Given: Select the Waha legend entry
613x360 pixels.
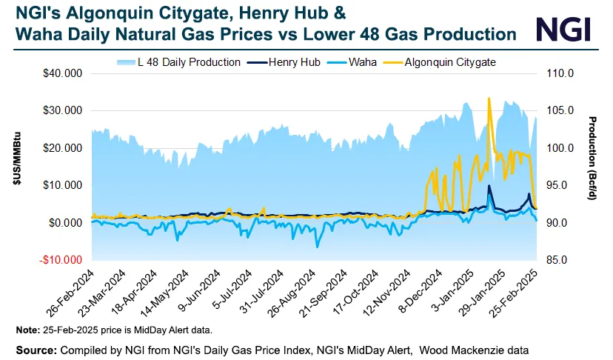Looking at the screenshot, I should coord(361,62).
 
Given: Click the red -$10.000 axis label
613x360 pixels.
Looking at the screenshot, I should coord(61,261).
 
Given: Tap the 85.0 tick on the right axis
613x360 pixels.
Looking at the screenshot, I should coord(557,261).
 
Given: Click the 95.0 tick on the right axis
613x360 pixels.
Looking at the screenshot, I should coord(557,186).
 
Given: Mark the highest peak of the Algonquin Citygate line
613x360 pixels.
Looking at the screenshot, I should coord(489,99).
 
